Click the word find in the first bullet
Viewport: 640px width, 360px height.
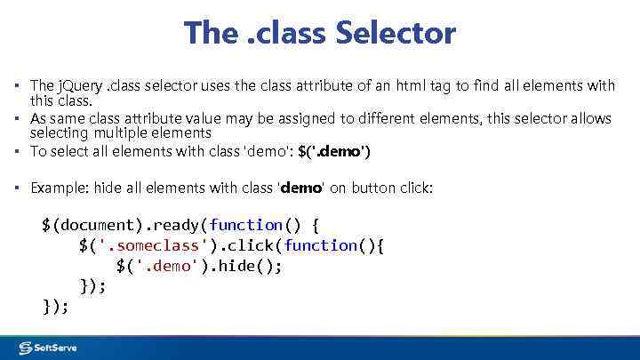pyautogui.click(x=495, y=85)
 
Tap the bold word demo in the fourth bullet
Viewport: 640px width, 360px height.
pyautogui.click(x=301, y=188)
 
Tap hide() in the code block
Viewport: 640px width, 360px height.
pyautogui.click(x=240, y=266)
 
